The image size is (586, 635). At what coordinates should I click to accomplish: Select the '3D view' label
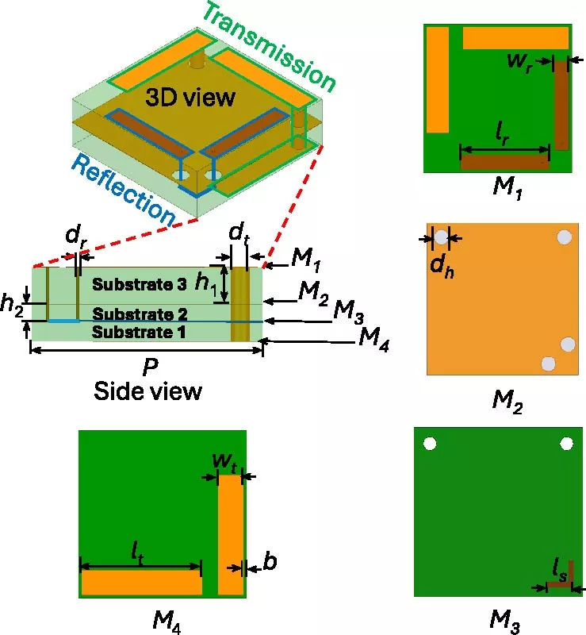pos(190,98)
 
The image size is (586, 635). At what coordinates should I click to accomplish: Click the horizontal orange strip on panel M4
pos(142,583)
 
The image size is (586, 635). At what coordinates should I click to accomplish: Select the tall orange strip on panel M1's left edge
pos(438,79)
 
